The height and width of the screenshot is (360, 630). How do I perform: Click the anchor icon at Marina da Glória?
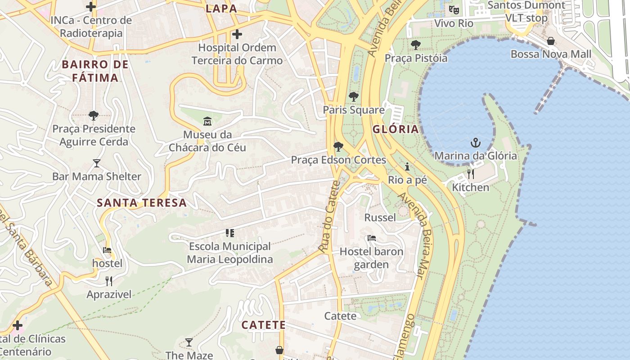click(476, 143)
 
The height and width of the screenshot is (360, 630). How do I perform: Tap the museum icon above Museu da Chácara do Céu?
click(207, 121)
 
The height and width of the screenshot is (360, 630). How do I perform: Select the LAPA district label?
click(221, 9)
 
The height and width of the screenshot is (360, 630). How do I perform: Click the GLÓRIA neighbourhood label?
click(396, 130)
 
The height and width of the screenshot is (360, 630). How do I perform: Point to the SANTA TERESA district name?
click(142, 202)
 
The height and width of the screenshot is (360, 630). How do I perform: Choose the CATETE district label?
click(263, 325)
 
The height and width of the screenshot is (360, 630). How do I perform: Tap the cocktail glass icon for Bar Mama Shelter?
click(97, 163)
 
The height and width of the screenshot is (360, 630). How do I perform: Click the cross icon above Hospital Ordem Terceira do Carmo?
click(237, 34)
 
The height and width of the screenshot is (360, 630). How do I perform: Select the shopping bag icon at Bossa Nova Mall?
click(551, 41)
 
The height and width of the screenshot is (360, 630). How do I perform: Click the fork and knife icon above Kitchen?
click(471, 174)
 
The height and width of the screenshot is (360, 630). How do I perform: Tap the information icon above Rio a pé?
click(407, 166)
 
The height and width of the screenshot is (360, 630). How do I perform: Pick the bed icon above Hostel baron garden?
click(371, 238)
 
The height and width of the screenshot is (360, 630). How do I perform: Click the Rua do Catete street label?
click(329, 216)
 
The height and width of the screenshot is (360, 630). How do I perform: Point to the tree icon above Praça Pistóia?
click(416, 45)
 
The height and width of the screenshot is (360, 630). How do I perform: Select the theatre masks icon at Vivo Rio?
click(454, 9)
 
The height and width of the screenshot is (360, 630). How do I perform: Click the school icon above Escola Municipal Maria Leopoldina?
click(230, 233)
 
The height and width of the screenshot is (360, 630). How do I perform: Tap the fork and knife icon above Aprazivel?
click(109, 281)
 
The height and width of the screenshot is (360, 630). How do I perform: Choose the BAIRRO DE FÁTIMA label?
click(95, 71)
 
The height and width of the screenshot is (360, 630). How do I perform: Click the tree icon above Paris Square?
click(354, 96)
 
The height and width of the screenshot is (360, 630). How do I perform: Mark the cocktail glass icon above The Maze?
click(189, 342)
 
